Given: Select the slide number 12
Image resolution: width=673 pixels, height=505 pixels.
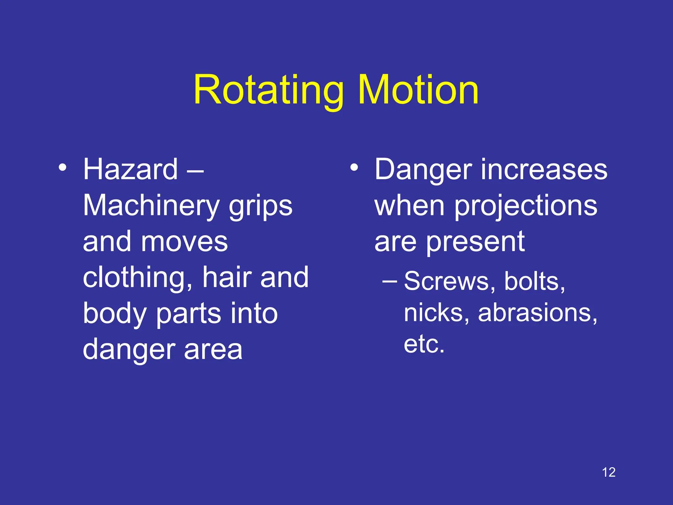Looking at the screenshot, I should pyautogui.click(x=609, y=472).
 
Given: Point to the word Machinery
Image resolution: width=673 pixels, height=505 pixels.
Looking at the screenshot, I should pyautogui.click(x=151, y=206).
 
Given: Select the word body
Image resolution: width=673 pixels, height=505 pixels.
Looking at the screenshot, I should pyautogui.click(x=114, y=314).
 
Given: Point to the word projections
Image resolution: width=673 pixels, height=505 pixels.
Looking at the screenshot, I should pyautogui.click(x=526, y=206).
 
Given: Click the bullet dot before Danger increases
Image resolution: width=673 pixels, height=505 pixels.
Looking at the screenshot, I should pyautogui.click(x=354, y=167).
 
